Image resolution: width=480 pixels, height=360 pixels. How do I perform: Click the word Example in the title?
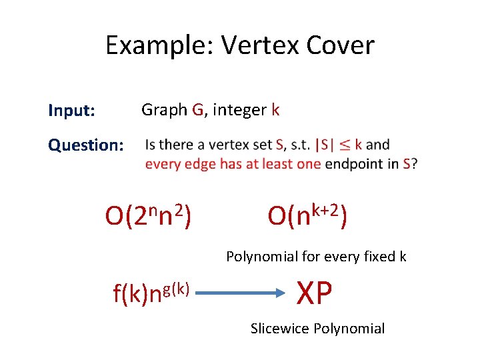pyautogui.click(x=159, y=46)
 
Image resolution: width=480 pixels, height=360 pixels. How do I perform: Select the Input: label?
pyautogui.click(x=71, y=110)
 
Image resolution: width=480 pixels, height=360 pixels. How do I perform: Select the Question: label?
pyautogui.click(x=85, y=145)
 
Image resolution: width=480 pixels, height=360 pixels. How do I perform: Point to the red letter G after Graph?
pyautogui.click(x=197, y=110)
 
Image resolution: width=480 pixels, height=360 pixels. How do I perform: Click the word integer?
pyautogui.click(x=239, y=110)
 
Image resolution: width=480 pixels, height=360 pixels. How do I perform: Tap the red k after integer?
pyautogui.click(x=275, y=110)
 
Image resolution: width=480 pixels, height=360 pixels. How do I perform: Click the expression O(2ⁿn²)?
pyautogui.click(x=149, y=215)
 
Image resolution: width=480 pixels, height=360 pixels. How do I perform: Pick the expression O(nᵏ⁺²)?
pyautogui.click(x=307, y=215)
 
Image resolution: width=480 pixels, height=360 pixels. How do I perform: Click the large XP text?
pyautogui.click(x=315, y=292)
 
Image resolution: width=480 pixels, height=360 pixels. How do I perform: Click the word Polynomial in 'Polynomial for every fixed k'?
pyautogui.click(x=257, y=257)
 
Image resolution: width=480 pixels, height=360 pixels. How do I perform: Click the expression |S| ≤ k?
pyautogui.click(x=338, y=145)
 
